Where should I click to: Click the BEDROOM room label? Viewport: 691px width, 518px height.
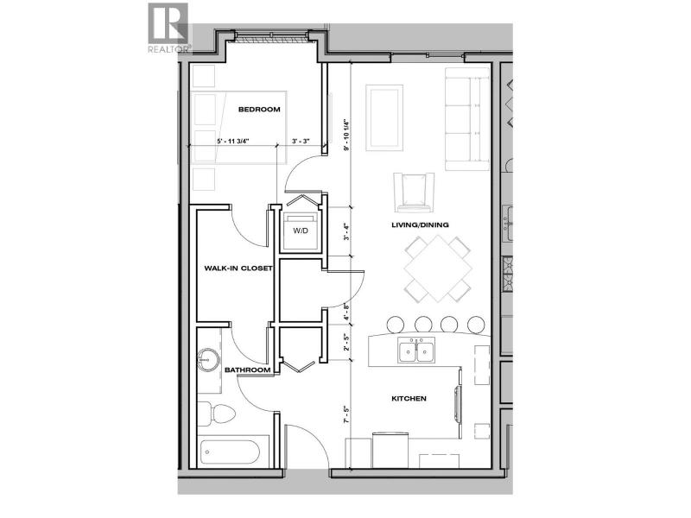point(259,110)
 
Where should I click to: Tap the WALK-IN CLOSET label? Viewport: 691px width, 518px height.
point(238,268)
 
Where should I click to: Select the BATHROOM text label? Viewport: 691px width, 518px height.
point(247,370)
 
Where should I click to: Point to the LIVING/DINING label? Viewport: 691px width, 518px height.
point(420,224)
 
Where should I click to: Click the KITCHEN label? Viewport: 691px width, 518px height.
point(409,399)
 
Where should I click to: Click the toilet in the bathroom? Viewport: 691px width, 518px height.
point(217,414)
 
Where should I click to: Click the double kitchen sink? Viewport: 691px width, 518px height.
point(416,351)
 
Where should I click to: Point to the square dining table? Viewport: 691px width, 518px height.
point(438,268)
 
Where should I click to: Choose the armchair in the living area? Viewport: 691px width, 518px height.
point(415,192)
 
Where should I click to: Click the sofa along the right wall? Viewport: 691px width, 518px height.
point(467,119)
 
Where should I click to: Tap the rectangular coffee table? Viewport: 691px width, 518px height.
point(384,117)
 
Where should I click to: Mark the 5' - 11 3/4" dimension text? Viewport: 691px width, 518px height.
point(233,142)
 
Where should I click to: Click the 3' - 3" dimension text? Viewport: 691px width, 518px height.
point(301,142)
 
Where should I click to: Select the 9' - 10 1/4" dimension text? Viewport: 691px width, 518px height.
point(347,135)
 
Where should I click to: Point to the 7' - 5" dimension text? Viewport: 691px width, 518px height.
point(347,415)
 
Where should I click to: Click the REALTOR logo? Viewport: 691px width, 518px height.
point(168,28)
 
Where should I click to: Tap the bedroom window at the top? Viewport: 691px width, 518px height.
point(271,37)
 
